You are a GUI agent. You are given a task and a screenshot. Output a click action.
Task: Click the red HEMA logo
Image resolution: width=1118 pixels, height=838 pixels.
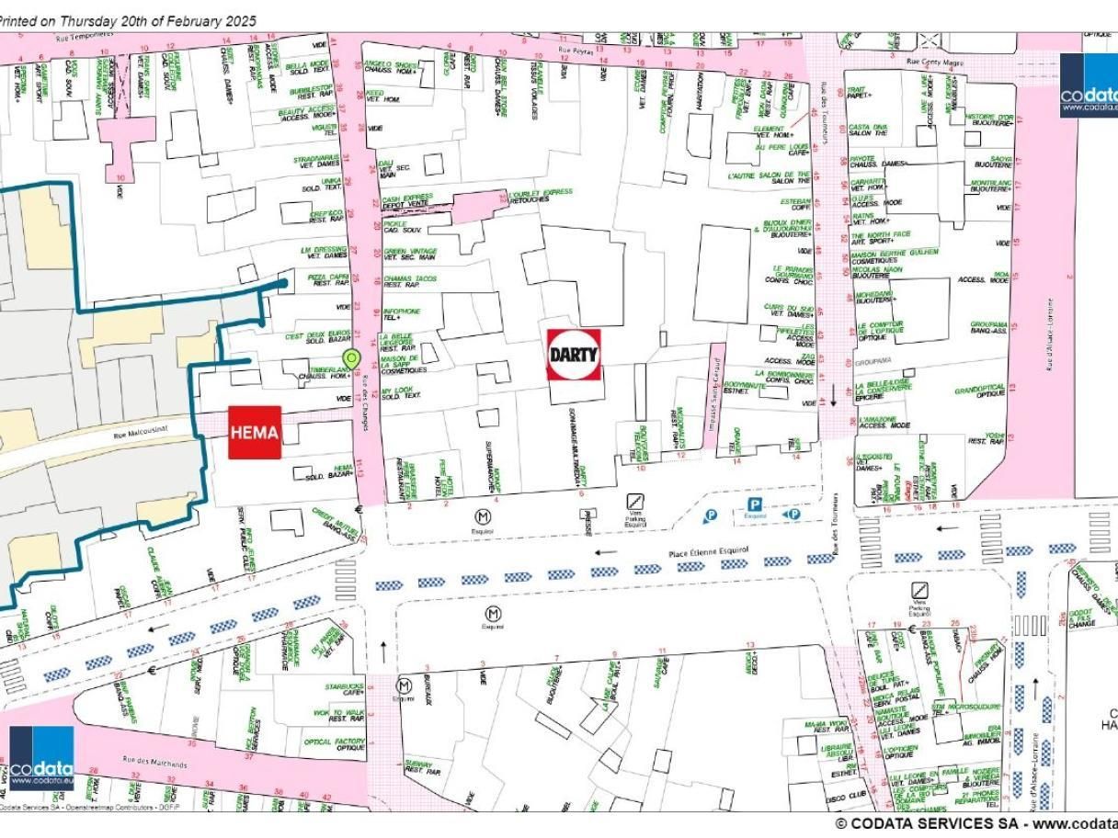click(255, 432)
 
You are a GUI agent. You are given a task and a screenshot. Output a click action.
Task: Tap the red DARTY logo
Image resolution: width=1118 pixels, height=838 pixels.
click(574, 354)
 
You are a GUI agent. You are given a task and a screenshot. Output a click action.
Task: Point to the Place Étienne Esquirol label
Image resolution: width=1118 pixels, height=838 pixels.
click(708, 551)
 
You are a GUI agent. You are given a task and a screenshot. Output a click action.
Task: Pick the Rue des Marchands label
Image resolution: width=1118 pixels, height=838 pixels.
click(154, 763)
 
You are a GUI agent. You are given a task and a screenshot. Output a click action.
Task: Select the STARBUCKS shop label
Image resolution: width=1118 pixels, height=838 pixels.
click(345, 685)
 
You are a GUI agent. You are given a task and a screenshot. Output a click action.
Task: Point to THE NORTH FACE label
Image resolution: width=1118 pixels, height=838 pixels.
click(882, 234)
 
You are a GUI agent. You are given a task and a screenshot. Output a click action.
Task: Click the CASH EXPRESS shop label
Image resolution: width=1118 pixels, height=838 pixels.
click(406, 198)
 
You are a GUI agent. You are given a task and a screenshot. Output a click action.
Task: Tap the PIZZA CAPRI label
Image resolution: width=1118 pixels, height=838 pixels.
click(328, 276)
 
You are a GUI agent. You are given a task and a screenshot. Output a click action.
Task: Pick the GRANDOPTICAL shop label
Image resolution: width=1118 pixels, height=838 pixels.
click(980, 390)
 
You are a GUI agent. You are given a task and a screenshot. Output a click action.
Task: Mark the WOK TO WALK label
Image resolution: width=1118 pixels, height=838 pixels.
click(339, 713)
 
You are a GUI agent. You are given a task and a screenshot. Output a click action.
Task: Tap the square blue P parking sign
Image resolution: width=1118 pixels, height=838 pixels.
click(755, 504)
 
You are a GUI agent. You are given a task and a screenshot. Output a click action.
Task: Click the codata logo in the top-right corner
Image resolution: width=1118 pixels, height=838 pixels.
click(1089, 85)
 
